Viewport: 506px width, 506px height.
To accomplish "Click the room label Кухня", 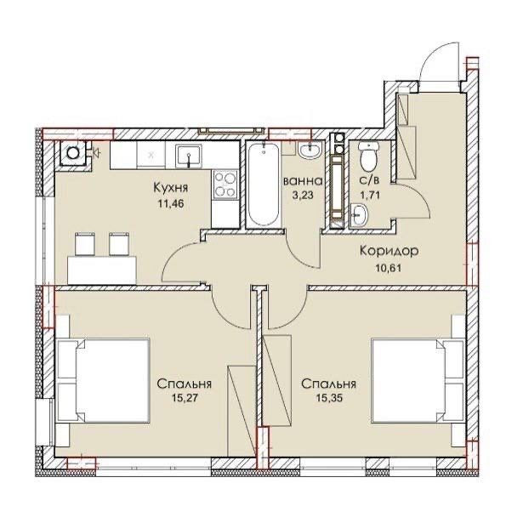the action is tap(170, 187).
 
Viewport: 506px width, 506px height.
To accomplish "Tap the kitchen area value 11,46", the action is tap(170, 203).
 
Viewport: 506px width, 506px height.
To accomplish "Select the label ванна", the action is tap(303, 181).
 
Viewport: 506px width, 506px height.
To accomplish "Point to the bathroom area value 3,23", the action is tap(303, 196).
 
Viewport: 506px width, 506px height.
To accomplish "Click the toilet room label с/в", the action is tap(369, 180).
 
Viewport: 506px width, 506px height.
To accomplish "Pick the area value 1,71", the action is tap(370, 195).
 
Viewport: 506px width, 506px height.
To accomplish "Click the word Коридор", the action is tap(389, 250).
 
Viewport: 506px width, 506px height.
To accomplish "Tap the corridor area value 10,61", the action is tap(389, 268).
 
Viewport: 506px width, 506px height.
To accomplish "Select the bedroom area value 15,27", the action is tap(185, 397).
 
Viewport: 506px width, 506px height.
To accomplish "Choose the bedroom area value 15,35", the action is tap(329, 397).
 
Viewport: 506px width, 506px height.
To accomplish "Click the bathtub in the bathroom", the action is tap(264, 185).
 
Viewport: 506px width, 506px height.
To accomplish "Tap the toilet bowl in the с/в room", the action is tap(368, 157).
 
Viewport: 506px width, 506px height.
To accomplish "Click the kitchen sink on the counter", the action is tap(189, 156).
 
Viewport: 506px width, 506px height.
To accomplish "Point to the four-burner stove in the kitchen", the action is tap(225, 185).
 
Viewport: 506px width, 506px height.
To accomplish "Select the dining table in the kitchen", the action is tap(102, 270).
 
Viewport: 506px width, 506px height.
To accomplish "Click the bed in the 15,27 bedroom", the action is tap(103, 380).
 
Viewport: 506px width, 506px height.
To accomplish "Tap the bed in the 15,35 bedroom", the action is tap(418, 380).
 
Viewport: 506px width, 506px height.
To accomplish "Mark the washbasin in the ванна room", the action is tap(310, 150).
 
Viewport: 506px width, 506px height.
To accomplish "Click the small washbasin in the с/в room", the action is tap(358, 215).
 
